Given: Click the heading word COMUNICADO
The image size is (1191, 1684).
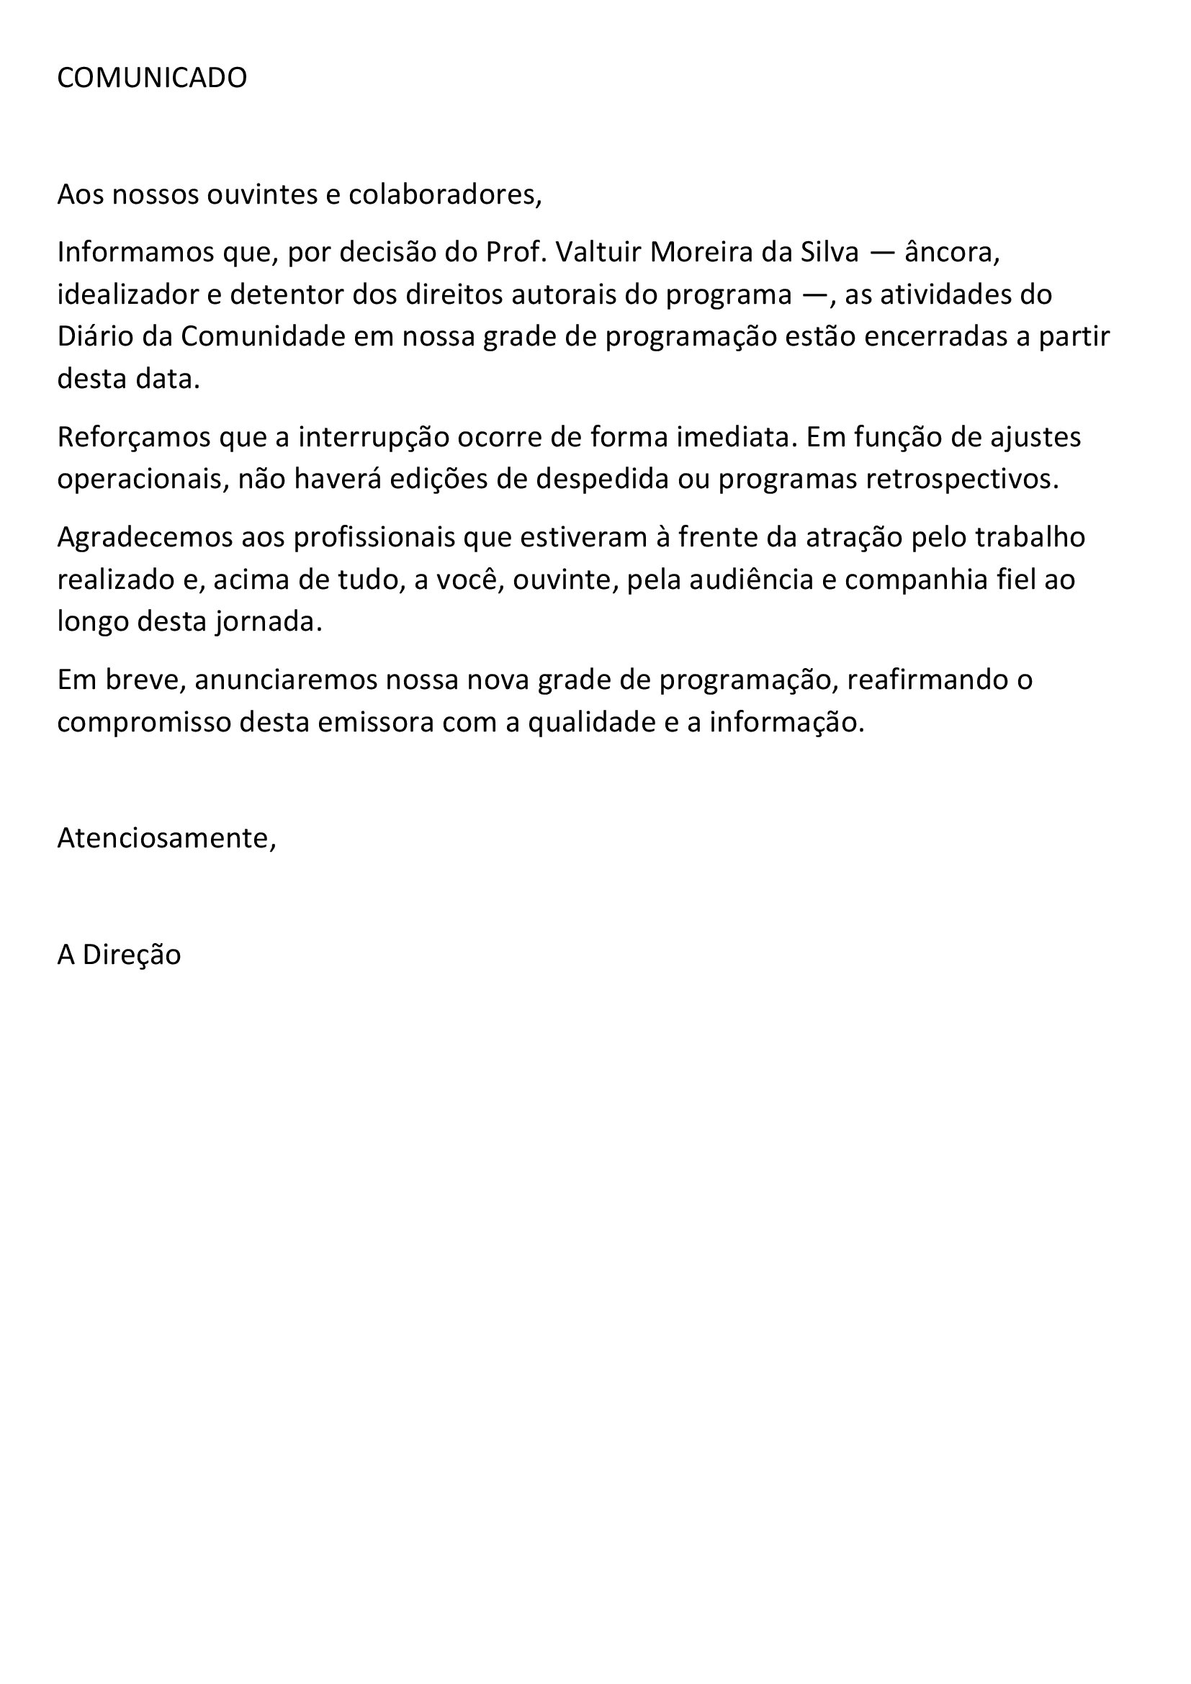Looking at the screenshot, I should click(x=152, y=78).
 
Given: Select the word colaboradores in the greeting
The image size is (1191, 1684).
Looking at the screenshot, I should click(x=444, y=194).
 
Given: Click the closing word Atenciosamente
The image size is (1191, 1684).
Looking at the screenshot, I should click(x=166, y=838).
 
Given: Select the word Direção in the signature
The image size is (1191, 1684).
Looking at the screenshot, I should click(x=131, y=955).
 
